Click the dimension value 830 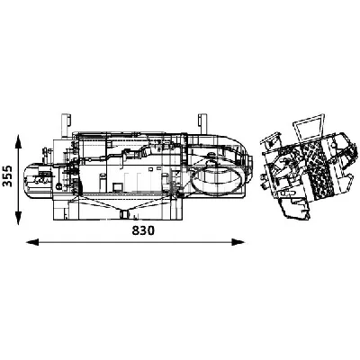pos(137,231)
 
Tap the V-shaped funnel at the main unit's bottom pos(122,213)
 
